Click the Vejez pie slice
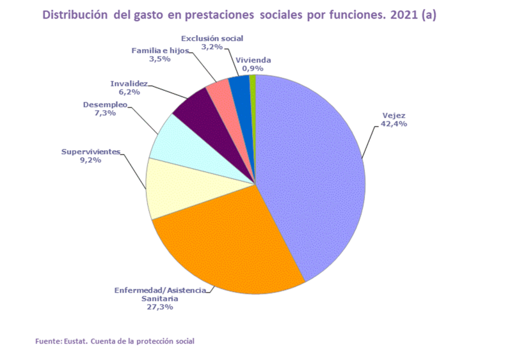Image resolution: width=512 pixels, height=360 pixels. click(314, 173)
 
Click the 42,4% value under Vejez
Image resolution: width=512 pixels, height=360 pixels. click(394, 123)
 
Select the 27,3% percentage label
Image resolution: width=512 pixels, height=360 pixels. click(160, 307)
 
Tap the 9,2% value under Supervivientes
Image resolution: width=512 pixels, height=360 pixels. click(90, 160)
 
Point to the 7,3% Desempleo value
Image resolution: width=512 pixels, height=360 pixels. click(105, 113)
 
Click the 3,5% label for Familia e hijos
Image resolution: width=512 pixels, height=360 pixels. click(160, 59)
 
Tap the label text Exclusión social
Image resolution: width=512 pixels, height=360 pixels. click(212, 38)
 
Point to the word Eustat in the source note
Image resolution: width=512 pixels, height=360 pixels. click(76, 341)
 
